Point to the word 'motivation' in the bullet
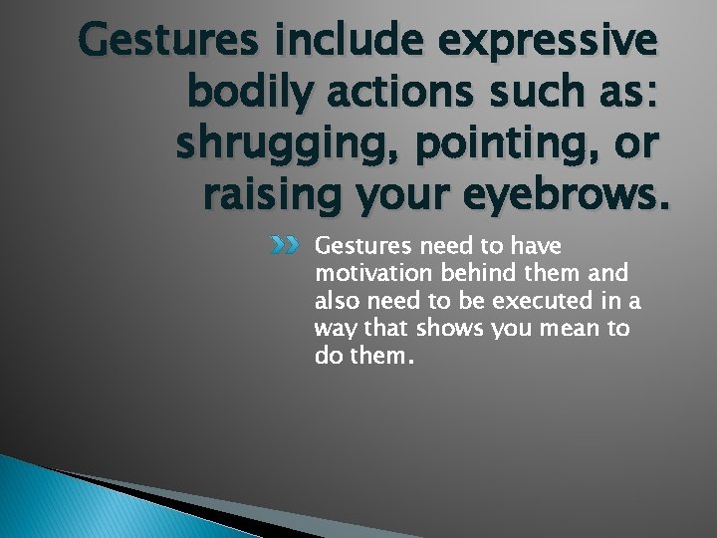368,274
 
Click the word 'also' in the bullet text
336,302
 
